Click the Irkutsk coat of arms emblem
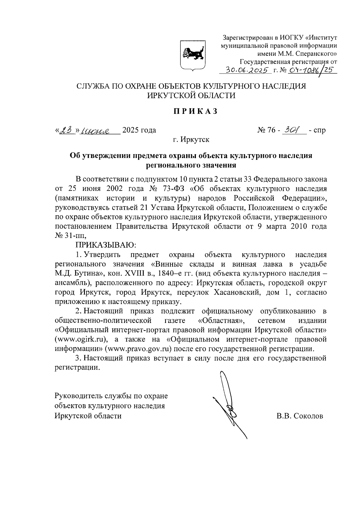[192, 56]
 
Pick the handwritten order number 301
[292, 130]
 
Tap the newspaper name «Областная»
[221, 320]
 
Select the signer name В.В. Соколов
[300, 416]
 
